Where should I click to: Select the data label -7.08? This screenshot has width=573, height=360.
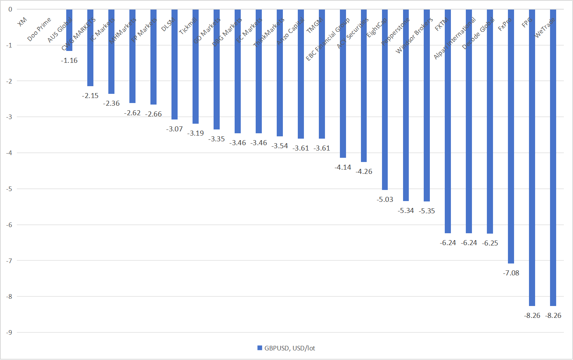[x=511, y=273]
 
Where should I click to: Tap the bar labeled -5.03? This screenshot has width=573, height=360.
[x=385, y=100]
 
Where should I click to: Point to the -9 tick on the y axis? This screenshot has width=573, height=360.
[x=10, y=332]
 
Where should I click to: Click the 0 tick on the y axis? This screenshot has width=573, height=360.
[x=10, y=9]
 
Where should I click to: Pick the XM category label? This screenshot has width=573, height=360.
[x=22, y=22]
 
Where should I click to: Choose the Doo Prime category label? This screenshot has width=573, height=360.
[x=39, y=29]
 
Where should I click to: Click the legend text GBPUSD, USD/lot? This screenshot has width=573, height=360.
[x=290, y=348]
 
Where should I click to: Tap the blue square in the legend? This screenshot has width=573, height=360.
[x=260, y=348]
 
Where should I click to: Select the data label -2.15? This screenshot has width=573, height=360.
[x=90, y=96]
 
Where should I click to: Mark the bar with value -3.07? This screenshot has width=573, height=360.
[x=175, y=64]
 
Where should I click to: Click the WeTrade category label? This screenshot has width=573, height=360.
[x=544, y=28]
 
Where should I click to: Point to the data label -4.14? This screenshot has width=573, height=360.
[x=343, y=167]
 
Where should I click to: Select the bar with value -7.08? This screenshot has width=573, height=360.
[x=511, y=136]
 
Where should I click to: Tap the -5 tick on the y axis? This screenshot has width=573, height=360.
[x=10, y=189]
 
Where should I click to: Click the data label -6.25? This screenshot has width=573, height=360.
[x=490, y=243]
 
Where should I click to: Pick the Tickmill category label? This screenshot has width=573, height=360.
[x=188, y=26]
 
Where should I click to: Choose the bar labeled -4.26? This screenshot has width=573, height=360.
[x=364, y=86]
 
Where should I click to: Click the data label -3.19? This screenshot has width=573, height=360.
[x=196, y=133]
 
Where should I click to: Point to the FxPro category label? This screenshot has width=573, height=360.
[x=504, y=25]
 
